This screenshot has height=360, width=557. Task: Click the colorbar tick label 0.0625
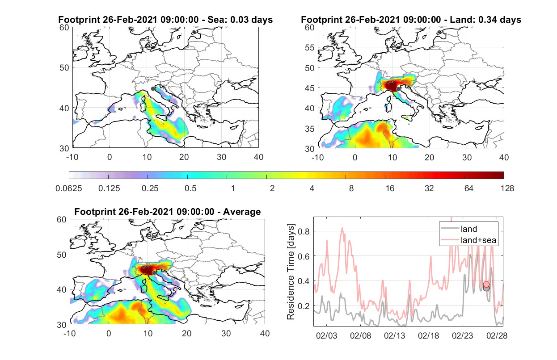point(69,188)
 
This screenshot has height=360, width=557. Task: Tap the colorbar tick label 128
point(507,188)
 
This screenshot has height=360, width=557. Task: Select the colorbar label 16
point(390,188)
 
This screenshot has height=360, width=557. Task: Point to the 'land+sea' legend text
point(478,240)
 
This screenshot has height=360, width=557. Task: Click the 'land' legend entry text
point(469,229)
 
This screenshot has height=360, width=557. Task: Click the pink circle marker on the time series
point(486,284)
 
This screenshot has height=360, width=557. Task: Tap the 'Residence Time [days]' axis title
point(291,272)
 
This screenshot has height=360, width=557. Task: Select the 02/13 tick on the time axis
point(395,335)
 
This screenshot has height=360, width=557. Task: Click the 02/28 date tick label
point(497,335)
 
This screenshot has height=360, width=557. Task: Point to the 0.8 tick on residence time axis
point(304,231)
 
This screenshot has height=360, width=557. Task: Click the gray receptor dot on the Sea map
point(153,89)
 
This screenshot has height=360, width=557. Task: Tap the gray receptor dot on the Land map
point(398,89)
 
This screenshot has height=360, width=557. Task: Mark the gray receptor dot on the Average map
point(154,273)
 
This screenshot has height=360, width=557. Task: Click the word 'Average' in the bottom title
point(242,212)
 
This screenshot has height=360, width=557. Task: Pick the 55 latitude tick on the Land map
point(310,47)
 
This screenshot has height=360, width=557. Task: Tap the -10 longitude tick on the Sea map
point(72,157)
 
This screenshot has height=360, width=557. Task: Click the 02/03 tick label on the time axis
point(326,335)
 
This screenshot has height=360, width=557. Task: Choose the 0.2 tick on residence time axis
point(304,306)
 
